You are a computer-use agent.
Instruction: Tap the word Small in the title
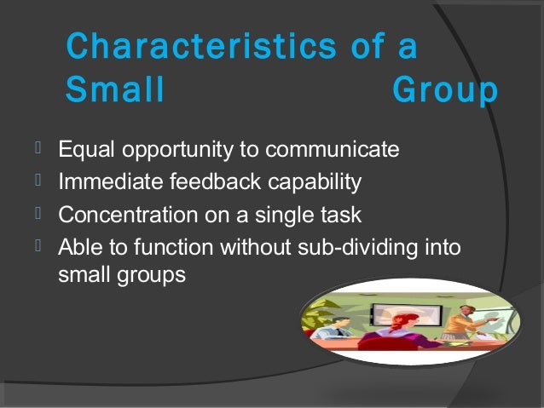click(x=114, y=91)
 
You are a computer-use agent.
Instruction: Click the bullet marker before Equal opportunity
click(x=38, y=151)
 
